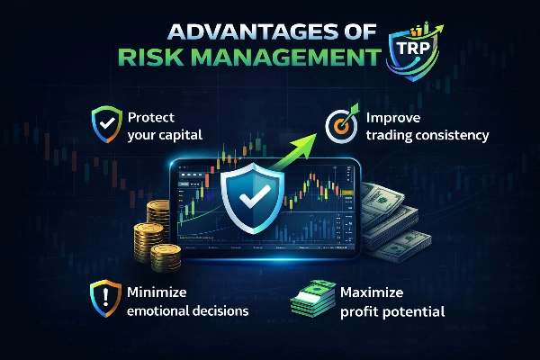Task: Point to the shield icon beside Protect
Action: point(104,121)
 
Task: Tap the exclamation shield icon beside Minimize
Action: point(104,299)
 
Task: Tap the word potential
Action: point(415,311)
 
